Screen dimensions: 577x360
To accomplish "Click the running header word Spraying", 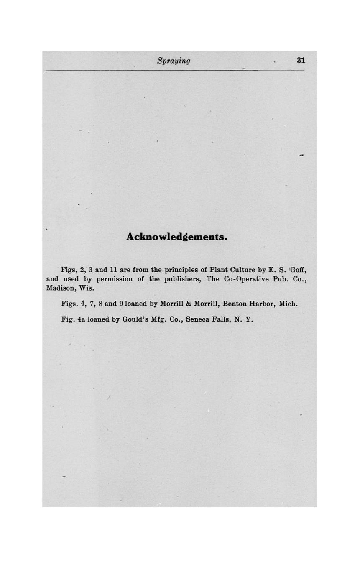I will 174,61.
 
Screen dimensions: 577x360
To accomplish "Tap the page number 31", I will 301,60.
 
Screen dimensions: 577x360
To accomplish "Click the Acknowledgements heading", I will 177,237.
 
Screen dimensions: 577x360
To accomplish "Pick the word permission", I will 115,279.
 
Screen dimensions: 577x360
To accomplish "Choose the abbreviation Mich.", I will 288,304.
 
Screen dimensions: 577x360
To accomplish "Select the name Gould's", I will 136,319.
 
